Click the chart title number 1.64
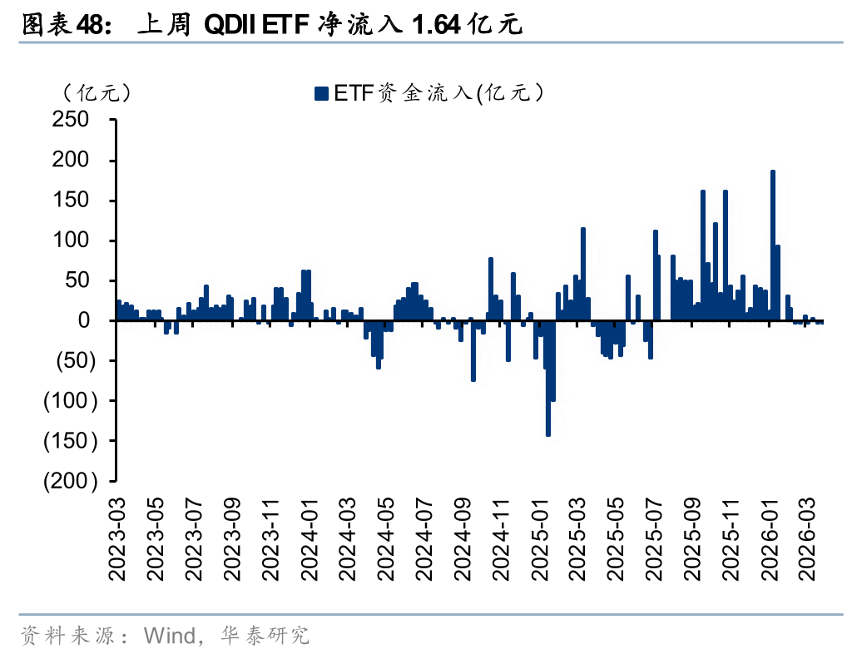pyautogui.click(x=436, y=25)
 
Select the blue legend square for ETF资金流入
pyautogui.click(x=321, y=93)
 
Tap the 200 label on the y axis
pyautogui.click(x=71, y=160)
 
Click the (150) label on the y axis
pyautogui.click(x=71, y=441)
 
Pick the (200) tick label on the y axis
pyautogui.click(x=71, y=481)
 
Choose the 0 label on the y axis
pyautogui.click(x=83, y=320)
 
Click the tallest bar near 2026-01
pyautogui.click(x=773, y=245)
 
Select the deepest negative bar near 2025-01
pyautogui.click(x=548, y=378)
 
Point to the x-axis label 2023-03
pyautogui.click(x=117, y=539)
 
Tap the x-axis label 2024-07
pyautogui.click(x=424, y=539)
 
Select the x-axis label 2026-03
pyautogui.click(x=807, y=539)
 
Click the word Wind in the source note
pyautogui.click(x=170, y=636)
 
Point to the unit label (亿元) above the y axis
pyautogui.click(x=97, y=93)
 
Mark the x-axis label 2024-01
pyautogui.click(x=310, y=539)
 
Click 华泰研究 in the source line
pyautogui.click(x=265, y=636)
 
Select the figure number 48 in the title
pyautogui.click(x=89, y=25)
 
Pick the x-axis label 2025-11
pyautogui.click(x=731, y=539)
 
